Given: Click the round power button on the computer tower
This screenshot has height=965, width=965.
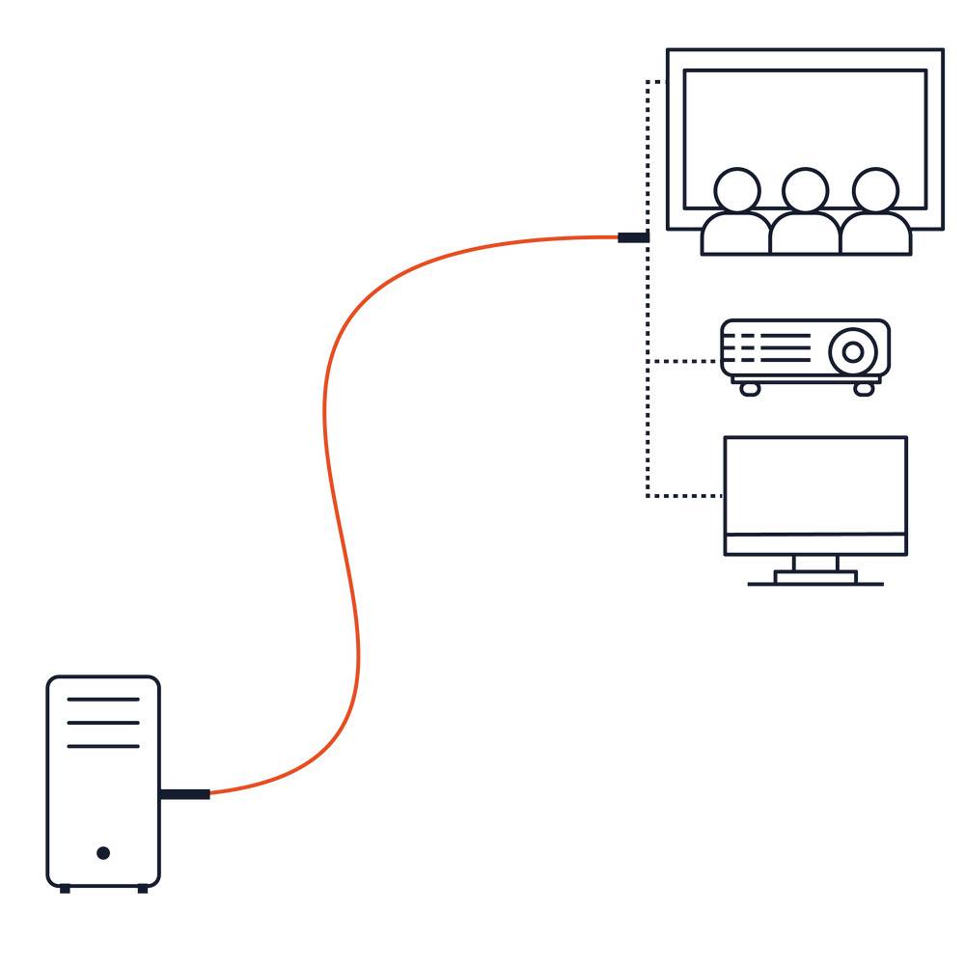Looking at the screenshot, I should point(103,852).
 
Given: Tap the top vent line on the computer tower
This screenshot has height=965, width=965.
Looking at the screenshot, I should point(103,699).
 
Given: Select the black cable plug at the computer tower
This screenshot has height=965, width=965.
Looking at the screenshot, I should point(184,794).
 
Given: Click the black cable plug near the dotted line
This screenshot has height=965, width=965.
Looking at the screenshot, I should point(632,236).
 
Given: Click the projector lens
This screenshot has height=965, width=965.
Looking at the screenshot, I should point(853,351).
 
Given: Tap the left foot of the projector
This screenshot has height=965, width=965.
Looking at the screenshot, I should point(750,388).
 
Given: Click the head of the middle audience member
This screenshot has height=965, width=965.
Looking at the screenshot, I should point(805,189).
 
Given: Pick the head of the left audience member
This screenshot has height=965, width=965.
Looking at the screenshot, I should point(737,189).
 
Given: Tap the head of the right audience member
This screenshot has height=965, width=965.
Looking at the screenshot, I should point(875,189).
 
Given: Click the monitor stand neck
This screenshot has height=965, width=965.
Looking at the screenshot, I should point(815,564).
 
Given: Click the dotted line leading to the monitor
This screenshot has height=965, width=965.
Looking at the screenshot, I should point(685,496).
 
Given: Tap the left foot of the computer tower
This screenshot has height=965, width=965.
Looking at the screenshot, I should point(65,888).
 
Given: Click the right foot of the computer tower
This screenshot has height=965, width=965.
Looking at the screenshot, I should point(143,888).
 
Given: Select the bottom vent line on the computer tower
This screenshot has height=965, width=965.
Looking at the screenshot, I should point(103,746).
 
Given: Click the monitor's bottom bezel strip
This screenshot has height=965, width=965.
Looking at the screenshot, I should point(815,545).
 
